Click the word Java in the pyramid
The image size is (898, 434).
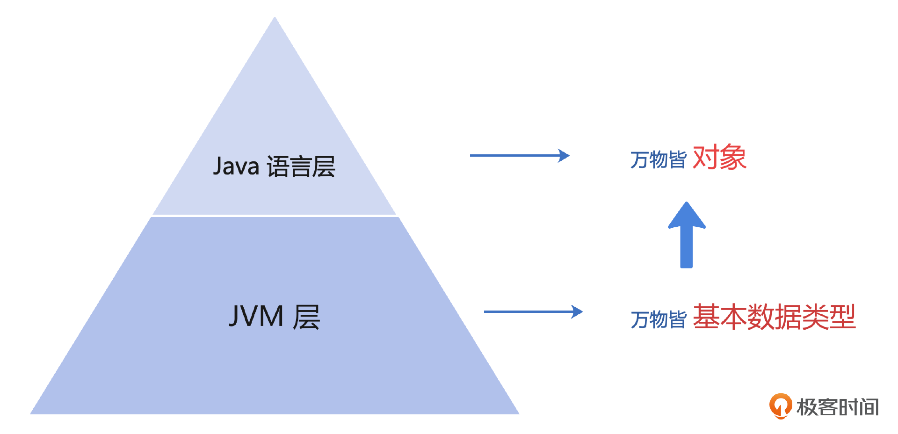coord(236,166)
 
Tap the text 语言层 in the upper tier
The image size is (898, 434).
coord(301,167)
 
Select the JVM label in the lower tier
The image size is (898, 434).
coord(256,316)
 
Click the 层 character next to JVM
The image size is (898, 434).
coord(306,317)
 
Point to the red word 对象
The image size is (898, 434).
coord(719,158)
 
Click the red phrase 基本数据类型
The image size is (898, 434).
coord(774,317)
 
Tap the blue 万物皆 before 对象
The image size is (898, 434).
coord(658,159)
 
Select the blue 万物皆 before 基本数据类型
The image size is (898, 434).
coord(658,319)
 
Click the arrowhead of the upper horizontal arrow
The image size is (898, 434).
coord(565,155)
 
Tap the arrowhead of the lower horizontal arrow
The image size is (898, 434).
coord(578,311)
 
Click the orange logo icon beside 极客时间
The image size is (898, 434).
coord(780,405)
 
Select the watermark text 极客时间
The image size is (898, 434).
coord(838,407)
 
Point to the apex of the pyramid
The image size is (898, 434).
coord(275,19)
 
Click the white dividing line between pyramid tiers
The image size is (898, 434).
coord(275,216)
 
